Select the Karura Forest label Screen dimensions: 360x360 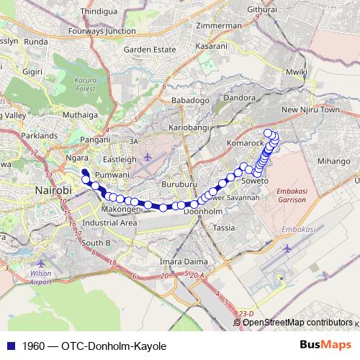[86, 84]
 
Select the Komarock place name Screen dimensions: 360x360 [246, 143]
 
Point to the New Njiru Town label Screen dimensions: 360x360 [310, 110]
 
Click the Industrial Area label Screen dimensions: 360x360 [110, 223]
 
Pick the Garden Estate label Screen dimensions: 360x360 [149, 50]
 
